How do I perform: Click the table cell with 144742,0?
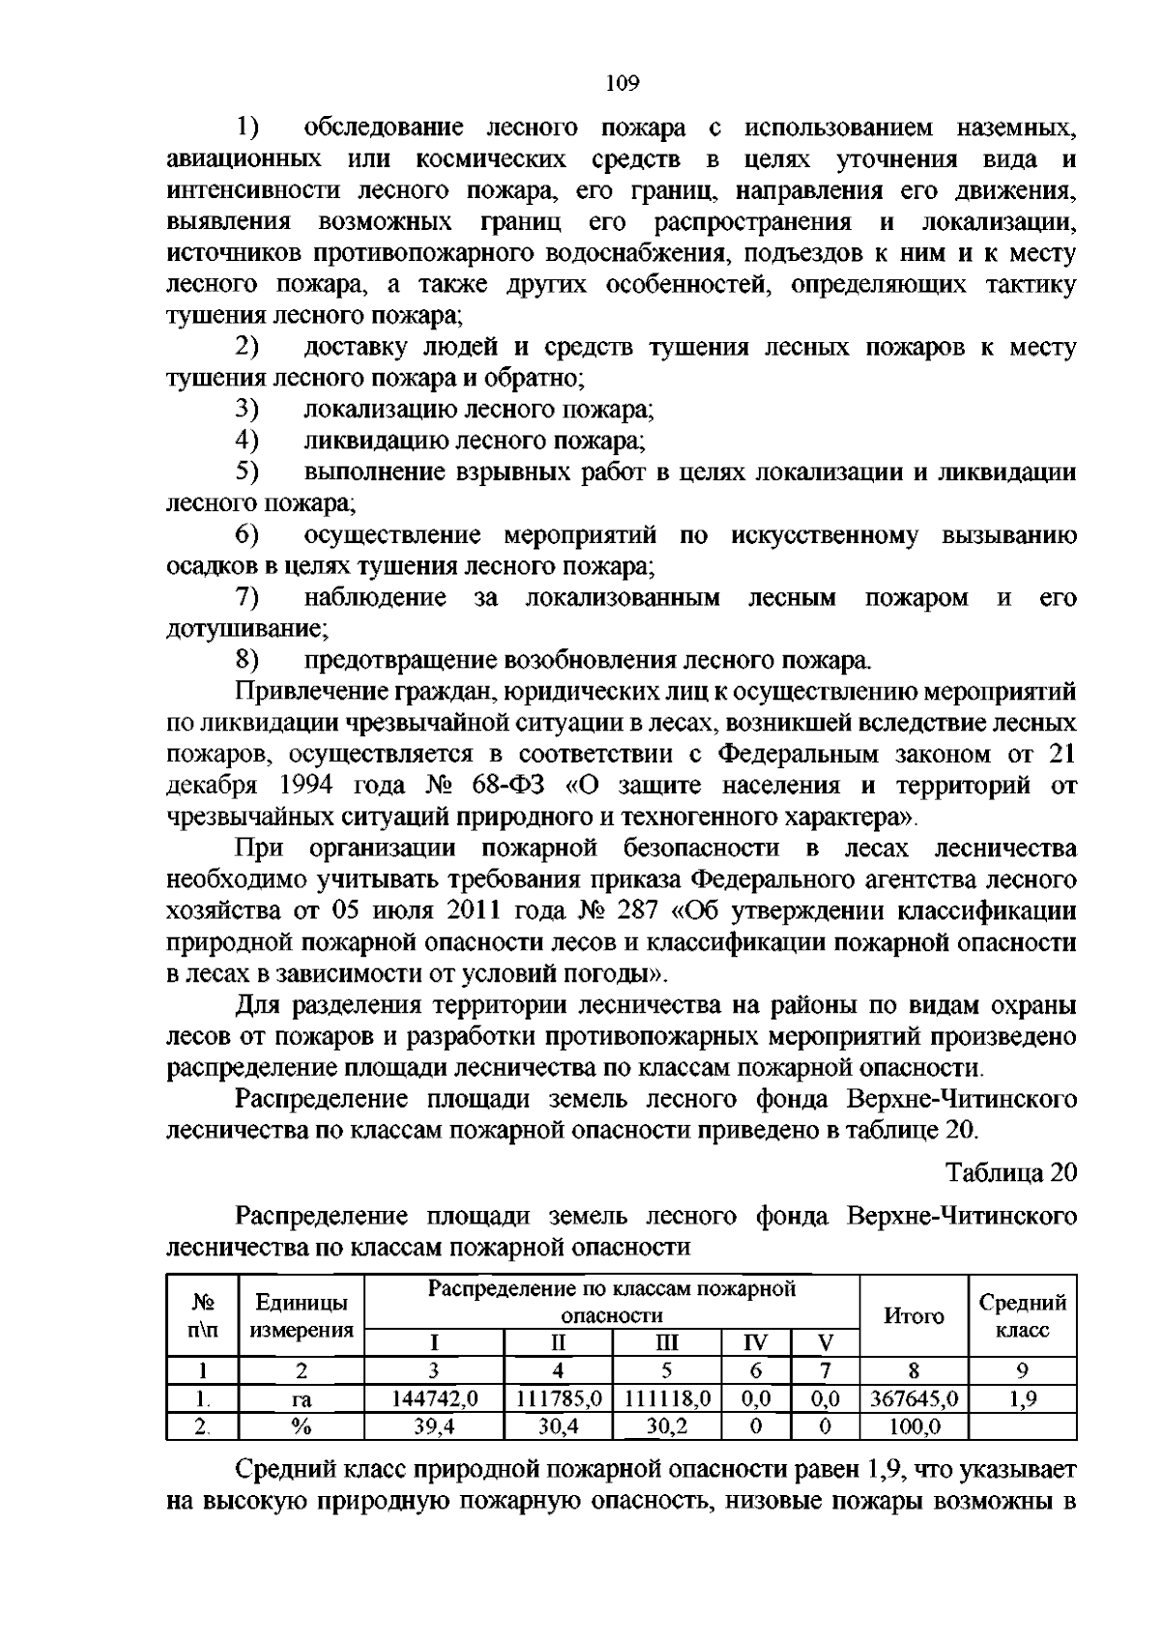coord(434,1397)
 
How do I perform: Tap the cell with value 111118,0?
coord(667,1397)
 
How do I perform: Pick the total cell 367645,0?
coord(913,1397)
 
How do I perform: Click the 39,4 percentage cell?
coord(434,1425)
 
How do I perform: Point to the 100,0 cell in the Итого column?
coord(913,1425)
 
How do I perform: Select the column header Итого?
coord(913,1315)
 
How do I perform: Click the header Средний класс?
coord(1023,1315)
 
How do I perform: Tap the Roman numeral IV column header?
coord(756,1342)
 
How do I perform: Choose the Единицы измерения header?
coord(302,1315)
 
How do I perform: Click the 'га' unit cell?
coord(302,1398)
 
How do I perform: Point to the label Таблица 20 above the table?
coord(1011,1171)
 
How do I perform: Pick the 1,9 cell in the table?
coord(1023,1397)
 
